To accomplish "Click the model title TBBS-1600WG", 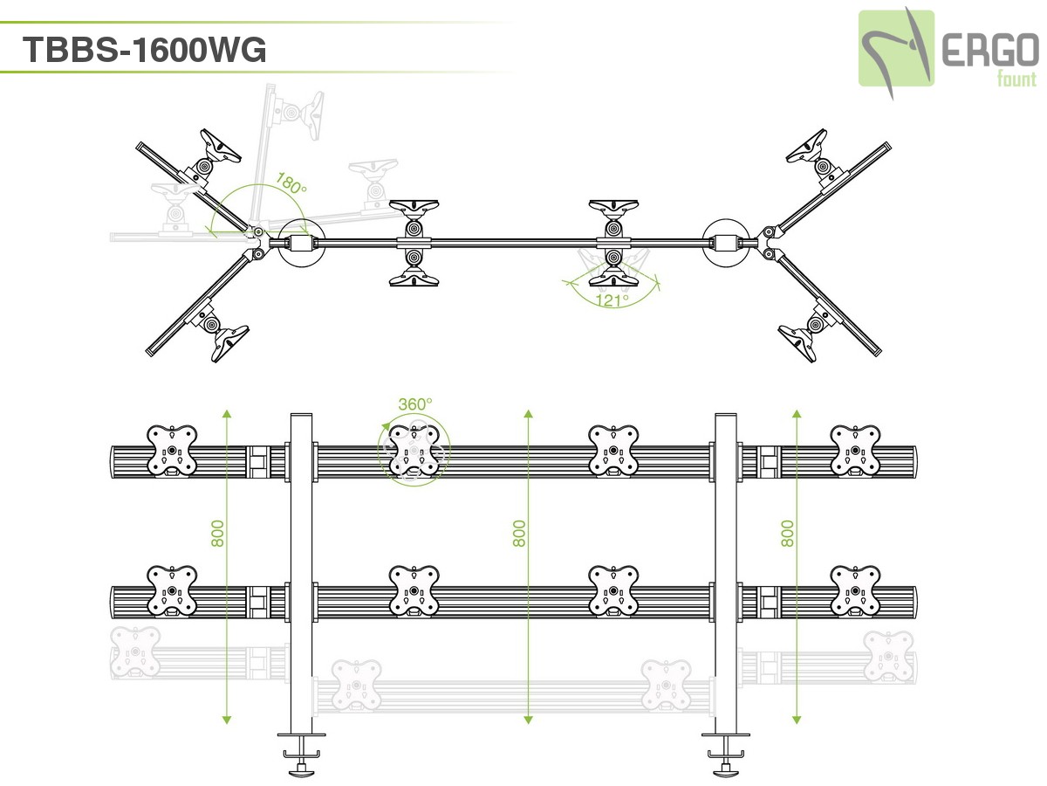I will (144, 50).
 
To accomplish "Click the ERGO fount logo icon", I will (896, 49).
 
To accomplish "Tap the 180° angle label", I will (291, 185).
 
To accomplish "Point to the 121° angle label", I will (612, 300).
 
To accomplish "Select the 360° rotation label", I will (414, 404).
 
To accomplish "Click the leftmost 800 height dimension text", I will (218, 533).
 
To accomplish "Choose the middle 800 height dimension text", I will (519, 533).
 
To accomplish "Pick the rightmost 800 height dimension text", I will (788, 533).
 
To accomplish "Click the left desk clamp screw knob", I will (302, 769).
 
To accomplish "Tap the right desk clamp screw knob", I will (726, 769).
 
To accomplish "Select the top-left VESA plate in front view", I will (172, 451).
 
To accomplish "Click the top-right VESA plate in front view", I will (855, 451).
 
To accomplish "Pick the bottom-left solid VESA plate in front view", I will (172, 591).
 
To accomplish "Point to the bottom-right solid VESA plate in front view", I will (855, 591).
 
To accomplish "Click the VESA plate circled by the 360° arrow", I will (414, 451).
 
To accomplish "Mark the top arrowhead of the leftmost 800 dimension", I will (226, 411).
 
